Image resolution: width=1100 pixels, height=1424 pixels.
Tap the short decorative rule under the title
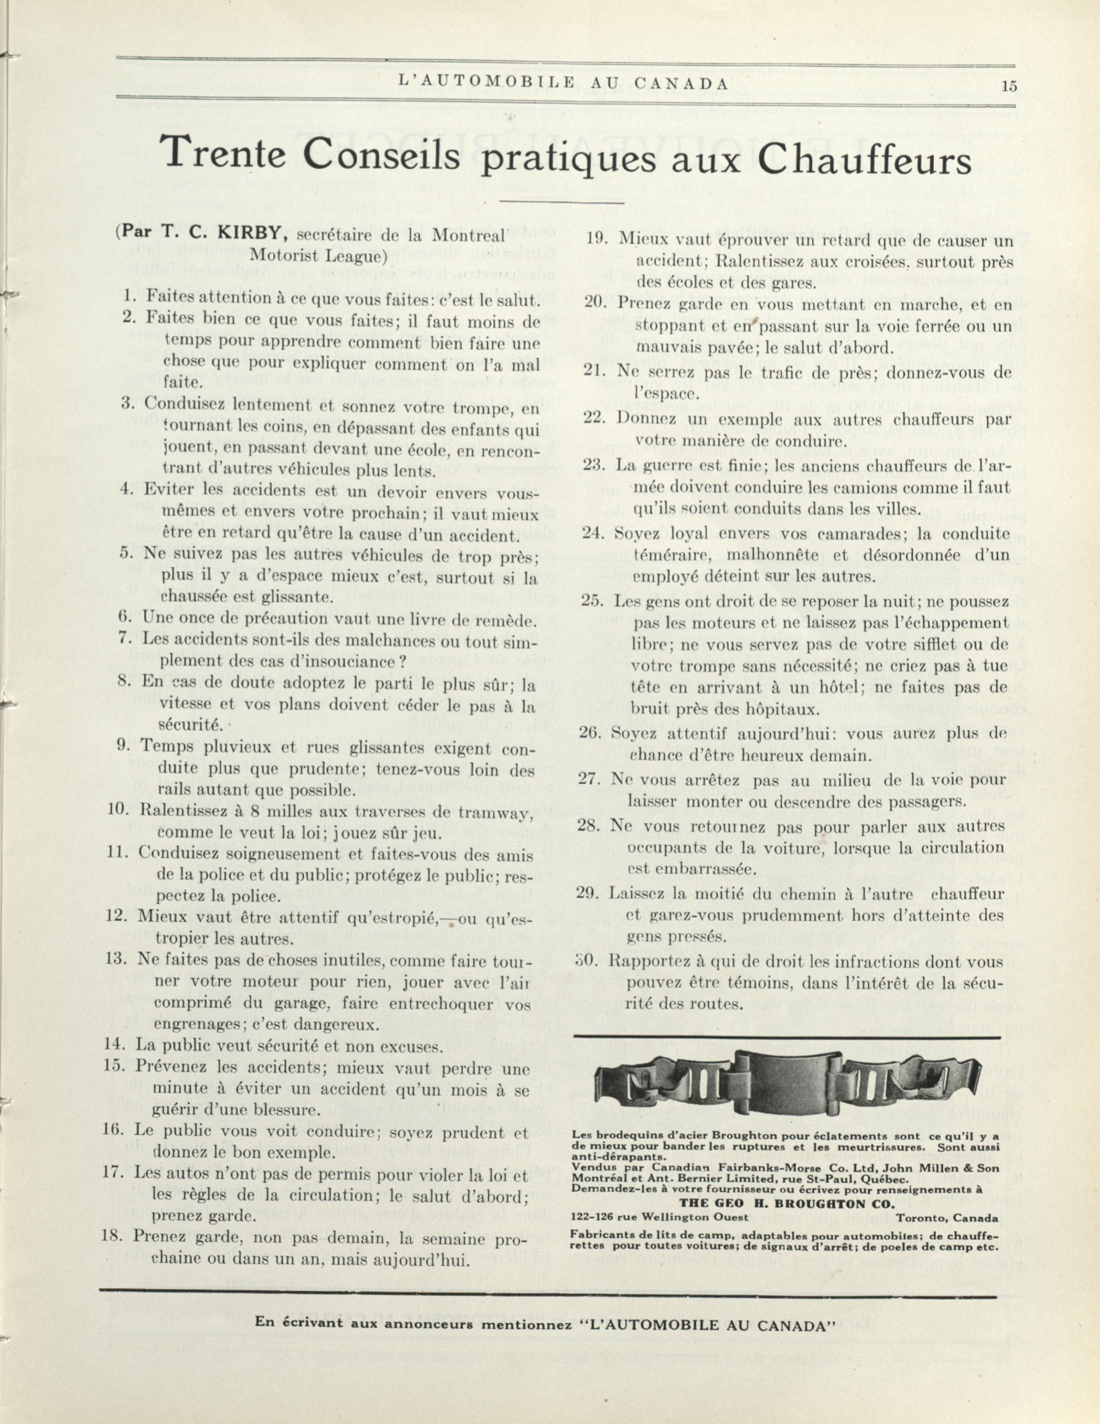point(561,203)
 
